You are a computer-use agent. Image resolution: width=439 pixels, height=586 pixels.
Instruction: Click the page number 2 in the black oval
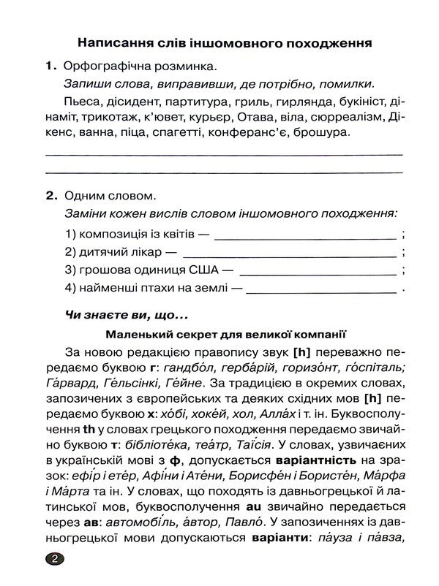56,560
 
